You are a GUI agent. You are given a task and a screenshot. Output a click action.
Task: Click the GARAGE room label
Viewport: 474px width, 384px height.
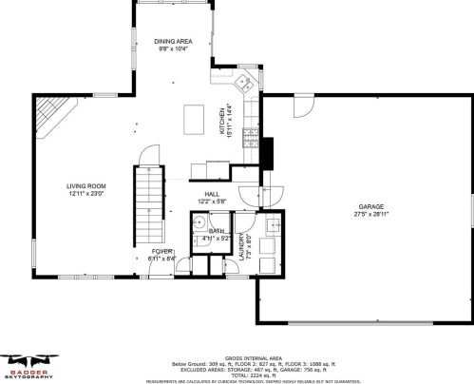click(370, 206)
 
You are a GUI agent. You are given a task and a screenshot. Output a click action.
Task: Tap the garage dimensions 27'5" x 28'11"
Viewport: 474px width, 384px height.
click(370, 214)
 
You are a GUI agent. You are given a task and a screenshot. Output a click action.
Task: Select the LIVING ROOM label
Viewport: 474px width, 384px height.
click(85, 186)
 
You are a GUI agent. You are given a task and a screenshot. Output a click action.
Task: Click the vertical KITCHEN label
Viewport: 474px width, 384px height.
click(223, 121)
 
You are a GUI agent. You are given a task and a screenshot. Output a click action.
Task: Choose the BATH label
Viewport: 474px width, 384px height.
click(216, 231)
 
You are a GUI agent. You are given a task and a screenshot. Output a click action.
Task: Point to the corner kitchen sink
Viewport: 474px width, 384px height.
click(245, 81)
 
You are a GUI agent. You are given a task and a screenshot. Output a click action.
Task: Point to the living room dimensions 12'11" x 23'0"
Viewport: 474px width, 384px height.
click(85, 194)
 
